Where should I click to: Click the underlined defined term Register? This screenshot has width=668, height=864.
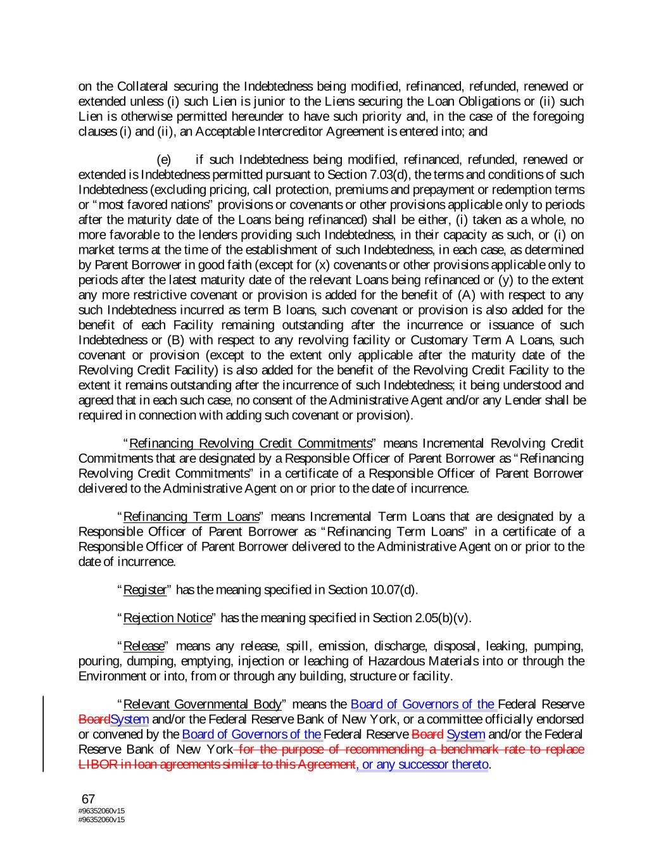(x=145, y=591)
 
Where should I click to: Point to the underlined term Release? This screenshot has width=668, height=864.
(x=143, y=646)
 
